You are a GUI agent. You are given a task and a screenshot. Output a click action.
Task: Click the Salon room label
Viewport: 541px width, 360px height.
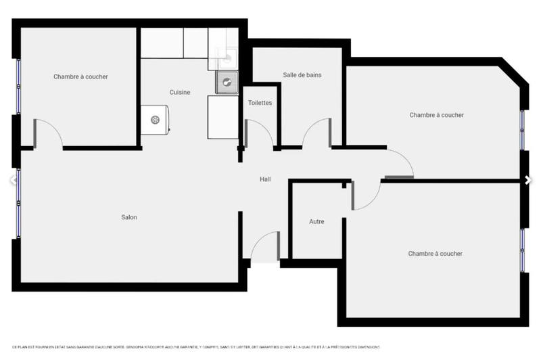click(129, 217)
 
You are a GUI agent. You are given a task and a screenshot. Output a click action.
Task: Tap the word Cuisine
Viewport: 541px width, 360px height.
click(180, 92)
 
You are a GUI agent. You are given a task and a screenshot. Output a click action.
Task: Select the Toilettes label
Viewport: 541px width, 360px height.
click(260, 103)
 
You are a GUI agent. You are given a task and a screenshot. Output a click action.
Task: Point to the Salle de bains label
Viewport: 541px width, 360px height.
click(302, 75)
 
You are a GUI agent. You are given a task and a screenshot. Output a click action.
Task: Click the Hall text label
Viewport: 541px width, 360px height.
click(266, 179)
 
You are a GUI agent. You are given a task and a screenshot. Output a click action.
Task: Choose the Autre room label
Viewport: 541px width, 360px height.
click(316, 221)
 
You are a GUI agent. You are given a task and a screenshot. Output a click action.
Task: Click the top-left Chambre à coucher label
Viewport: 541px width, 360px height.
click(80, 77)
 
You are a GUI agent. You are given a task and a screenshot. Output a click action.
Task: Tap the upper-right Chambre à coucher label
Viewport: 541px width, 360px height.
click(436, 115)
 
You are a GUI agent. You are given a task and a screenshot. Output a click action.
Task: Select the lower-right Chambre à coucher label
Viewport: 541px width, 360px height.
click(435, 254)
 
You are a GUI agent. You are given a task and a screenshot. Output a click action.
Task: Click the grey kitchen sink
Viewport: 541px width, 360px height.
click(227, 83)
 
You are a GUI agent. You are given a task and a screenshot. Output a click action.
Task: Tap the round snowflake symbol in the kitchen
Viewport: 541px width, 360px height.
click(155, 120)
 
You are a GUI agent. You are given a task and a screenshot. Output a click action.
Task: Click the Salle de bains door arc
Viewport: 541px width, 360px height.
click(315, 133)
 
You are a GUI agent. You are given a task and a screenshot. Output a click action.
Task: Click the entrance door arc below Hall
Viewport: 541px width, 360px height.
click(264, 247)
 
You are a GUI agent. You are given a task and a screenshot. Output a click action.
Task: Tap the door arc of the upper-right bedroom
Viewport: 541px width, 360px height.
click(400, 162)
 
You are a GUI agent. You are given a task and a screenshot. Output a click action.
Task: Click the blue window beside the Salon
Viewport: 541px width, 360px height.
click(19, 203)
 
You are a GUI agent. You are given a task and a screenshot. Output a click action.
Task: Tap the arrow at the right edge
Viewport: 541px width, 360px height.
click(527, 180)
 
